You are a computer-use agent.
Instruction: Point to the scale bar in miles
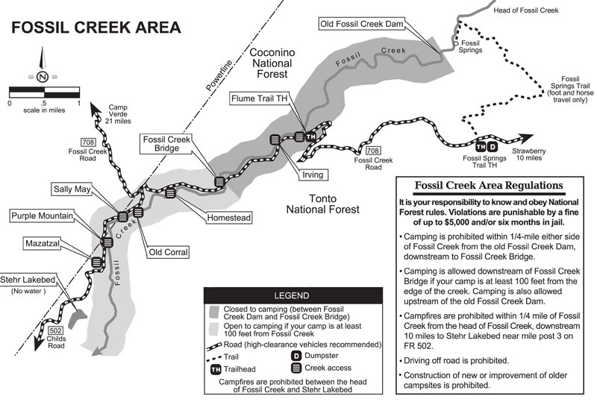pos(44,92)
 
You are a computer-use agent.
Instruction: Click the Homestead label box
pos(229,217)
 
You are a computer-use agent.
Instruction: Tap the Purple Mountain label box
pos(42,216)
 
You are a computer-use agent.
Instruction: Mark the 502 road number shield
pos(55,330)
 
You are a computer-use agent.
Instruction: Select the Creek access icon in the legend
pos(294,368)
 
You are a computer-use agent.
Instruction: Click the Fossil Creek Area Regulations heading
pos(490,186)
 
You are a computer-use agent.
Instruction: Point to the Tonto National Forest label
pos(322,203)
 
